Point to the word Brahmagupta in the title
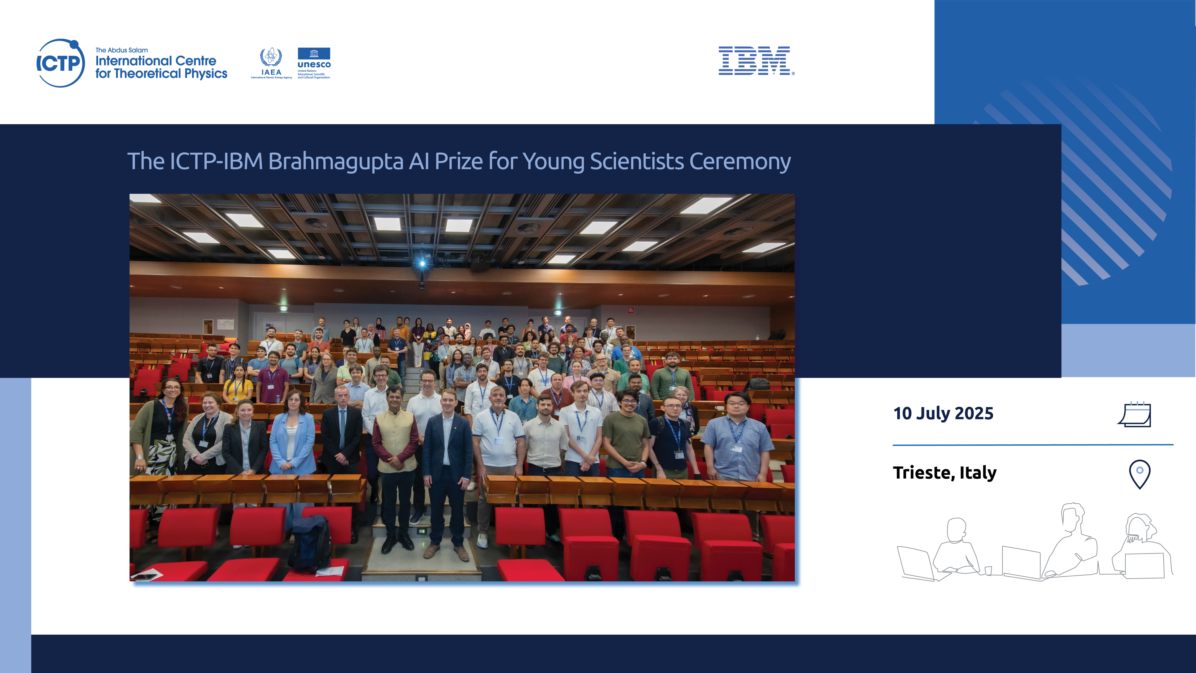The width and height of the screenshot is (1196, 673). [336, 162]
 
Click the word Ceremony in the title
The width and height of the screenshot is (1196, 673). [740, 162]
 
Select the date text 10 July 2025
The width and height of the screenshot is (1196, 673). [943, 413]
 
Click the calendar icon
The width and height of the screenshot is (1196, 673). [1134, 414]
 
